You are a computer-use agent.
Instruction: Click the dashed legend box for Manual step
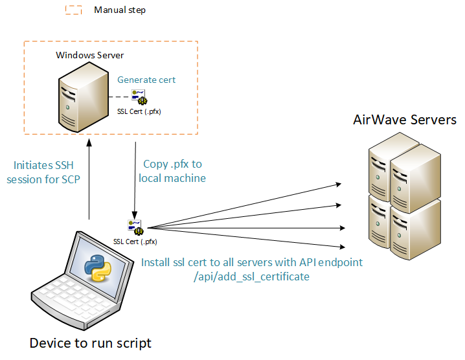point(74,10)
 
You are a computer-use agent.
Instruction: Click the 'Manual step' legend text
point(120,10)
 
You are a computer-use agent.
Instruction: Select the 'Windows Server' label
point(89,55)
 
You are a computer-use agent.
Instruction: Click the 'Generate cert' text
point(146,80)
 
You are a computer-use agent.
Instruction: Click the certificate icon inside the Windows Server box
point(139,97)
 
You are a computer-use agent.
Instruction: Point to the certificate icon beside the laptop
point(135,227)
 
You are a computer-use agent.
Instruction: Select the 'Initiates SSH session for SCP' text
point(43,172)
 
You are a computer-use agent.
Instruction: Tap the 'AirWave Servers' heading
point(404,120)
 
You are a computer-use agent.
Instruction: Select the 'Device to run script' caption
point(90,343)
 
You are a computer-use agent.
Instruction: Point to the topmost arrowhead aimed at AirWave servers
point(339,185)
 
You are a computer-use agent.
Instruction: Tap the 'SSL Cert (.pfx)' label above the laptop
point(135,242)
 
